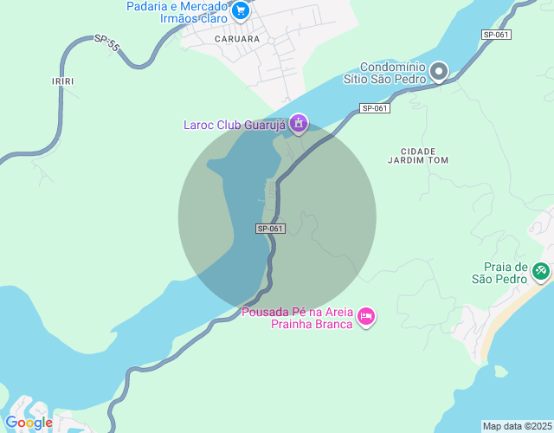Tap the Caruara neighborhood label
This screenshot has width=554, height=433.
click(x=237, y=39)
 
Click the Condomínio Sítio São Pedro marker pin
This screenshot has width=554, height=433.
click(x=439, y=72)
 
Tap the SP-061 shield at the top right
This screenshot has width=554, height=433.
click(x=496, y=35)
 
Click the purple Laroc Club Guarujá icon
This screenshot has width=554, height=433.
click(x=299, y=124)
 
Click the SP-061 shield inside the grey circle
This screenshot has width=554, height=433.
click(x=270, y=229)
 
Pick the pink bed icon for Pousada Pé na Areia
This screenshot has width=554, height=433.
click(x=366, y=317)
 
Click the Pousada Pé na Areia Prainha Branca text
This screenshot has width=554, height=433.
click(x=299, y=318)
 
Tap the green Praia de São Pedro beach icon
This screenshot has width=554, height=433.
click(x=541, y=272)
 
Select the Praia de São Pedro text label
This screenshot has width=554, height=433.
click(x=499, y=273)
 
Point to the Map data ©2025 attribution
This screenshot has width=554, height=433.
click(x=517, y=426)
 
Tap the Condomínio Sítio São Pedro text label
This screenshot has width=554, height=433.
click(x=392, y=73)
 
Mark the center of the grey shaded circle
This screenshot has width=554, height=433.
click(x=277, y=216)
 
